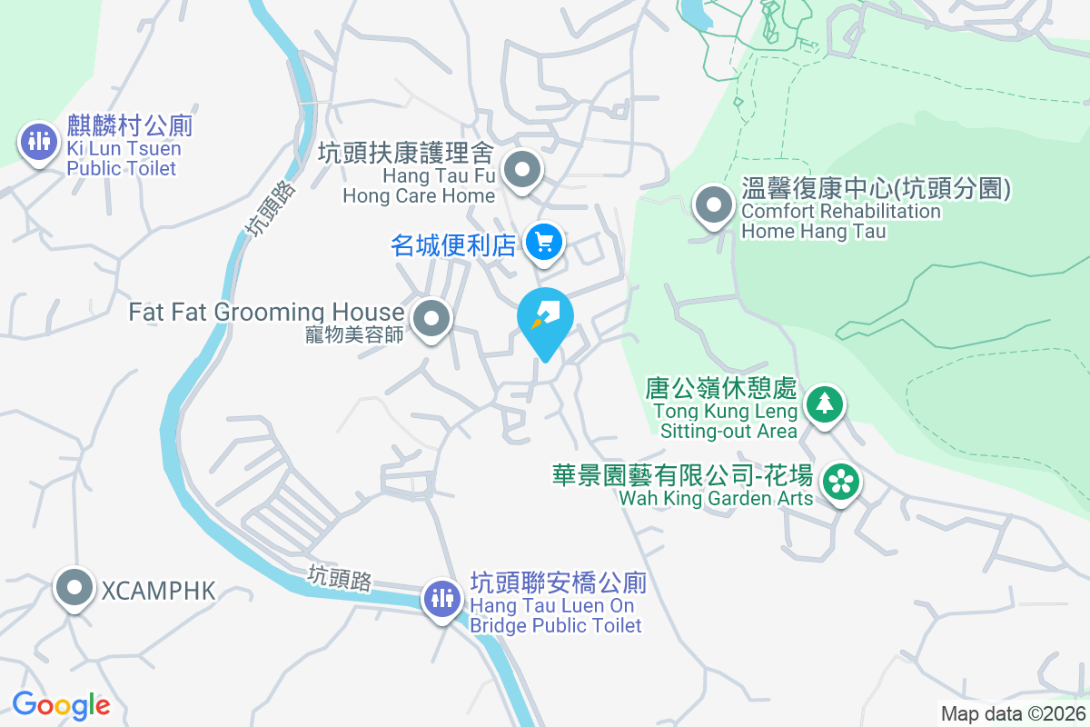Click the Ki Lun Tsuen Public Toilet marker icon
pos(38,141)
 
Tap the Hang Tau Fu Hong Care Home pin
pos(522,169)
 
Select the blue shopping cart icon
pos(544,243)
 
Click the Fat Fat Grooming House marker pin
pos(431,319)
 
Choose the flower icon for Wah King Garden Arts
pos(841,482)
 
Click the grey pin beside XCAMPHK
pos(74,589)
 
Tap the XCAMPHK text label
pos(158,591)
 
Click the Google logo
pos(61,704)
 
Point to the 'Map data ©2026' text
pos(1013,714)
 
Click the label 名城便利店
pos(453,244)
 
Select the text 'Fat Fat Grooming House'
pos(266,312)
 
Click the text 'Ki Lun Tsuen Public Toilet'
pos(124,158)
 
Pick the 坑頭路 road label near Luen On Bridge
pos(340,578)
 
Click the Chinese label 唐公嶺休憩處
pos(721,390)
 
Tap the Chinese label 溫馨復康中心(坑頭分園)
pos(876,190)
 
